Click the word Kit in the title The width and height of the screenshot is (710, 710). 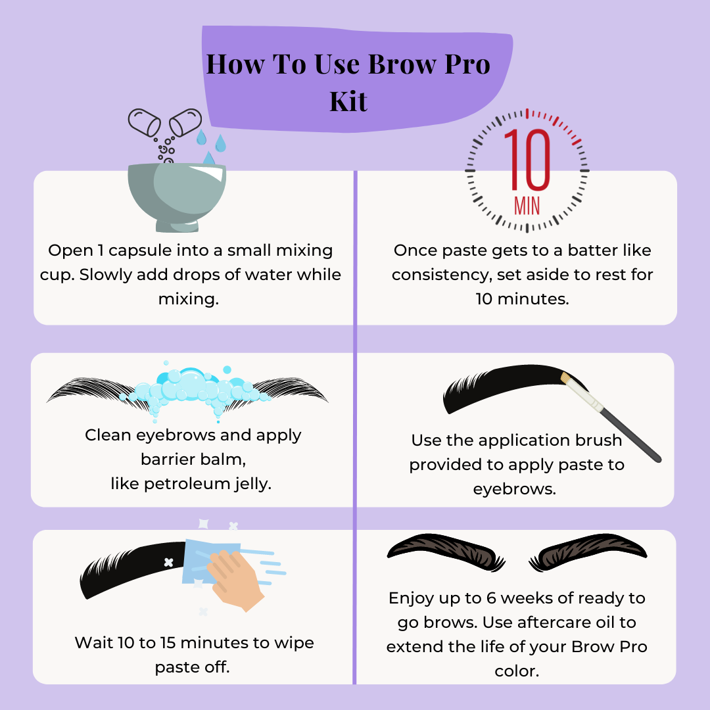pos(348,101)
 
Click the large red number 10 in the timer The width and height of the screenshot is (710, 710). pos(527,159)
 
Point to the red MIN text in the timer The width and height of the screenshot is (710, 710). pos(527,206)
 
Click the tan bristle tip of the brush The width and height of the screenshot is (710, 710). pos(565,377)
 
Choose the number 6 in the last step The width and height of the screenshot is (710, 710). pos(491,598)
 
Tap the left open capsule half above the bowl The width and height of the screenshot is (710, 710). pos(145,122)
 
